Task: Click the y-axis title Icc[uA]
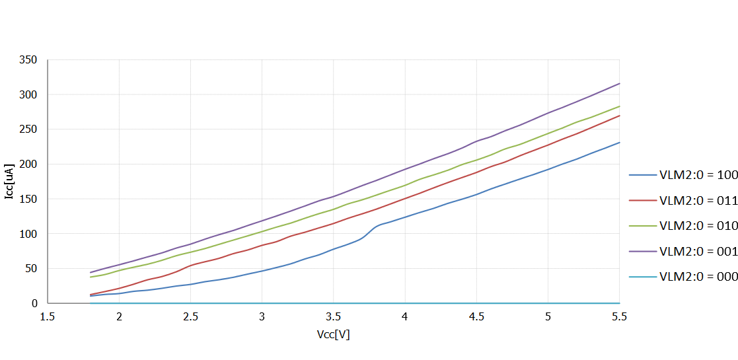pyautogui.click(x=9, y=181)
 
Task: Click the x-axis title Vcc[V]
pyautogui.click(x=333, y=334)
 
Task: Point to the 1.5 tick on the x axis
pyautogui.click(x=48, y=317)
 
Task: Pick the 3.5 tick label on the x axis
pyautogui.click(x=334, y=317)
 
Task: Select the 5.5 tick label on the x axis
pyautogui.click(x=619, y=317)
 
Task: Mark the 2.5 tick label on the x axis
pyautogui.click(x=190, y=317)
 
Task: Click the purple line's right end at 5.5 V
pyautogui.click(x=620, y=83)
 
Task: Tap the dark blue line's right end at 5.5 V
pyautogui.click(x=620, y=142)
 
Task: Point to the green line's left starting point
pyautogui.click(x=91, y=277)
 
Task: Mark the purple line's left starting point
pyautogui.click(x=91, y=272)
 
